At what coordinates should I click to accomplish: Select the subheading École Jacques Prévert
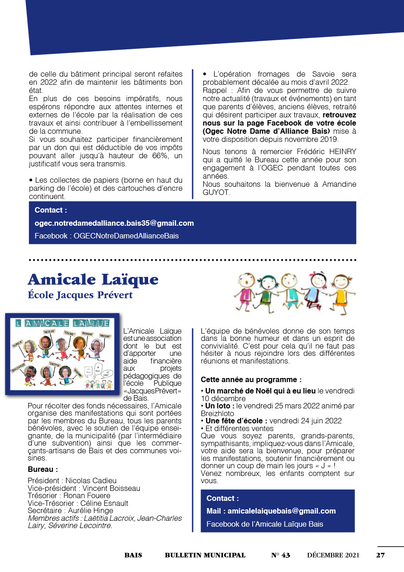(x=80, y=296)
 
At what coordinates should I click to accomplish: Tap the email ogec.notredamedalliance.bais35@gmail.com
(x=114, y=223)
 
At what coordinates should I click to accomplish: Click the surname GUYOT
(x=216, y=193)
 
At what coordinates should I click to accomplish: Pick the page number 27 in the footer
(x=380, y=555)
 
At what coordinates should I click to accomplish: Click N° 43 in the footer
(x=280, y=555)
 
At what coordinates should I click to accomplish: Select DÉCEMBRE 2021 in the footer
(x=333, y=555)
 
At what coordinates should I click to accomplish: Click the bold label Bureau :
(x=43, y=469)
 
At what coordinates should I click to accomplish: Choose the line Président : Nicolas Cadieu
(x=72, y=480)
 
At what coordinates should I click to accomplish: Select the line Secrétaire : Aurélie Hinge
(x=71, y=511)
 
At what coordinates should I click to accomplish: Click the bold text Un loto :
(x=220, y=406)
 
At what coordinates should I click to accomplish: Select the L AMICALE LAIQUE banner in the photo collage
(x=62, y=323)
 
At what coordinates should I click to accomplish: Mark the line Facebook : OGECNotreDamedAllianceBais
(x=106, y=236)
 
